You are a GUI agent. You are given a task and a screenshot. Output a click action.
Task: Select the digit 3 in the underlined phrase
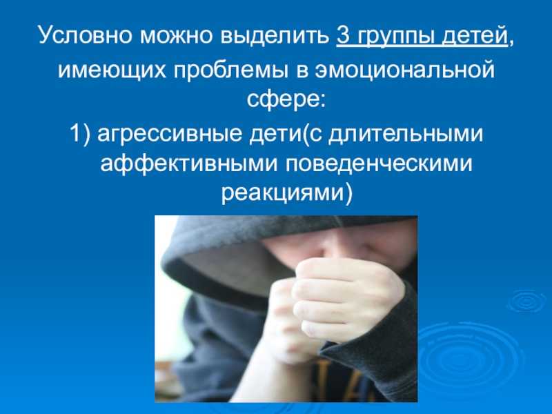tap(344, 34)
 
